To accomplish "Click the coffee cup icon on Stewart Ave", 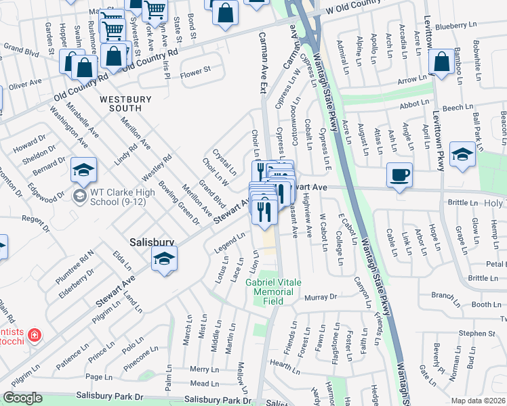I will pyautogui.click(x=399, y=175).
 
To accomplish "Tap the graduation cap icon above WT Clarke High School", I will pyautogui.click(x=83, y=170).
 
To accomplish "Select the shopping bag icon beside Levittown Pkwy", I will pyautogui.click(x=441, y=62).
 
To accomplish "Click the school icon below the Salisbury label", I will pyautogui.click(x=163, y=258).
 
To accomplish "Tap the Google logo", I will pyautogui.click(x=22, y=398).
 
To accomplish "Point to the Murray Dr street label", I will pyautogui.click(x=321, y=297).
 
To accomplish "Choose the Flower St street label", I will pyautogui.click(x=196, y=69).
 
